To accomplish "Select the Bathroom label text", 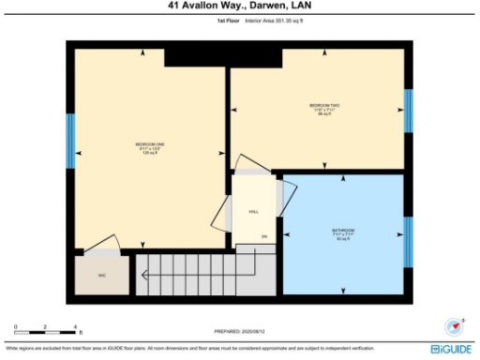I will click(342, 232).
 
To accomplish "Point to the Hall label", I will click(253, 212).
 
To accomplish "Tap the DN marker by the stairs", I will click(263, 235).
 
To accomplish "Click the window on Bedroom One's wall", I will click(70, 142).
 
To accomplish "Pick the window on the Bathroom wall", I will click(407, 242).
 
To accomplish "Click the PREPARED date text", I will click(240, 331).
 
